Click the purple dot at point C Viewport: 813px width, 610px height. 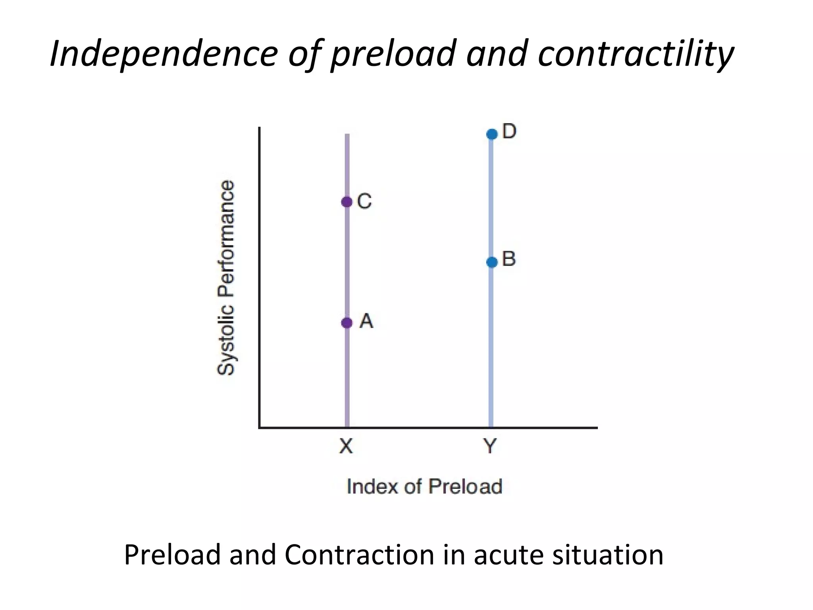347,202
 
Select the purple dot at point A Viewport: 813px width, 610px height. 347,322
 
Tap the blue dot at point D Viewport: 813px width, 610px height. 491,134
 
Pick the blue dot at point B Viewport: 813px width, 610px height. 491,262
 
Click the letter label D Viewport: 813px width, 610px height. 509,131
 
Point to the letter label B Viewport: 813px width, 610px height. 509,259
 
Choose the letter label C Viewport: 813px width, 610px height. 364,201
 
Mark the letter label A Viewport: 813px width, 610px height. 366,321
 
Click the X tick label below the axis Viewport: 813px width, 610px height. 346,446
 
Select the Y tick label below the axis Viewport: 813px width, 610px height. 491,446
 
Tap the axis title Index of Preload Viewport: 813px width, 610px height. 424,486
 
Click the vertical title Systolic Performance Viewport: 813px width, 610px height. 226,278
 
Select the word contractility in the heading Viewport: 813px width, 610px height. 635,54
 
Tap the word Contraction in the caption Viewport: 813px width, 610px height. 359,555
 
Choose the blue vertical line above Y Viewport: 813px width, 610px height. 491,357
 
